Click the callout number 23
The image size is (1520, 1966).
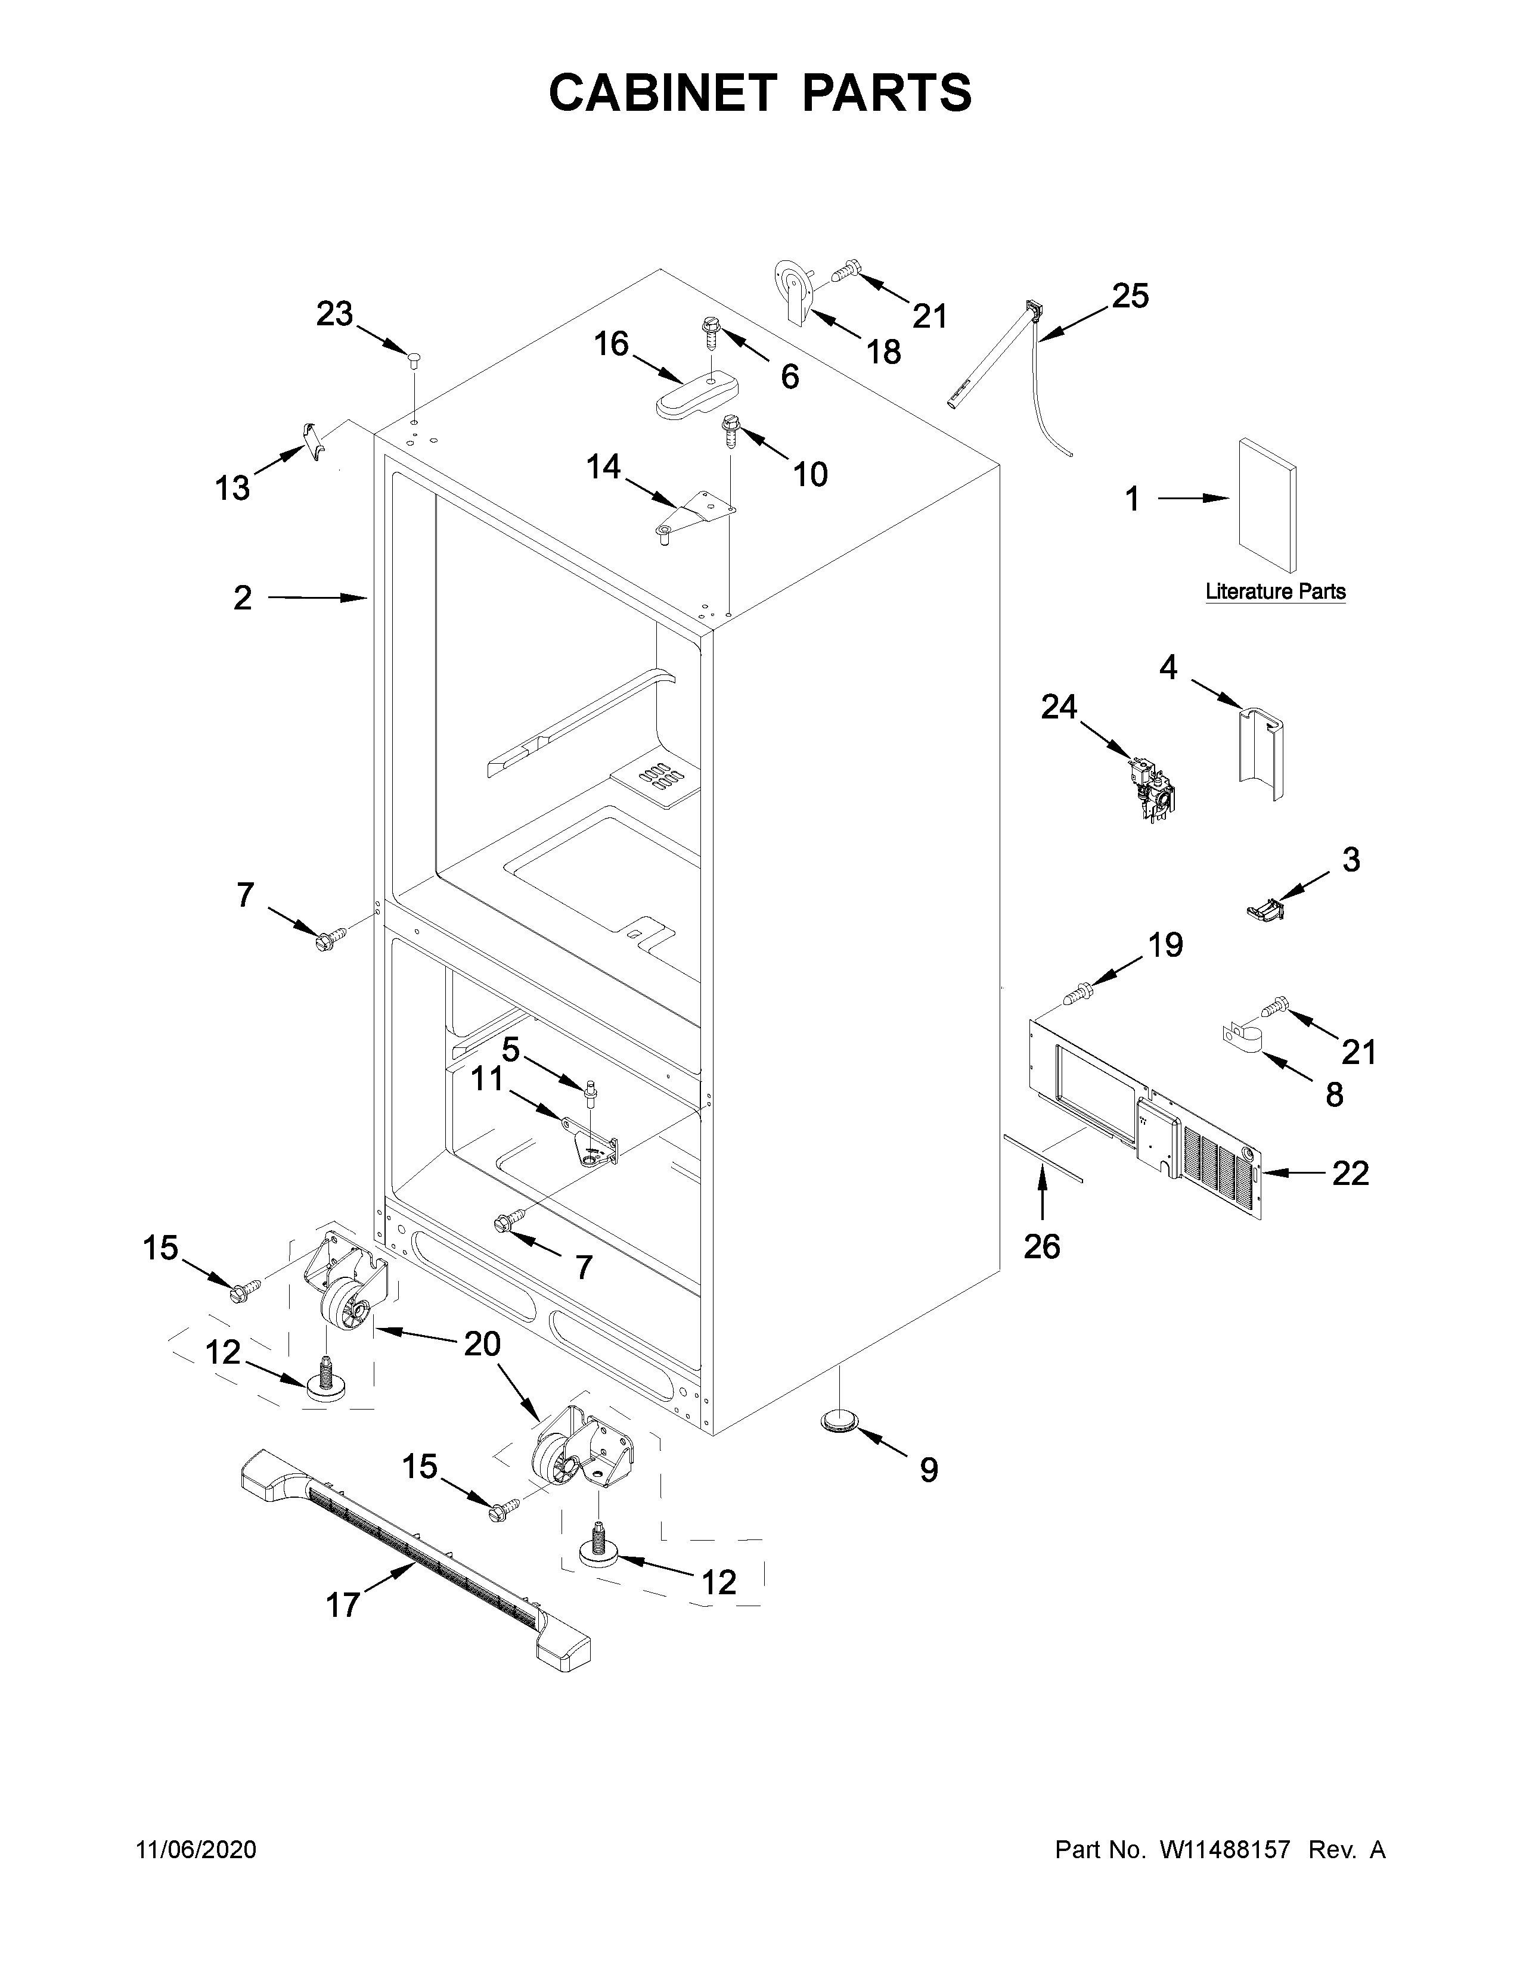click(x=334, y=314)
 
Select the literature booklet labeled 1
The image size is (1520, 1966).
click(x=1267, y=505)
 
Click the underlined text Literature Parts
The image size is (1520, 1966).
click(x=1275, y=592)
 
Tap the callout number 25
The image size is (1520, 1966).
click(x=1130, y=295)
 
